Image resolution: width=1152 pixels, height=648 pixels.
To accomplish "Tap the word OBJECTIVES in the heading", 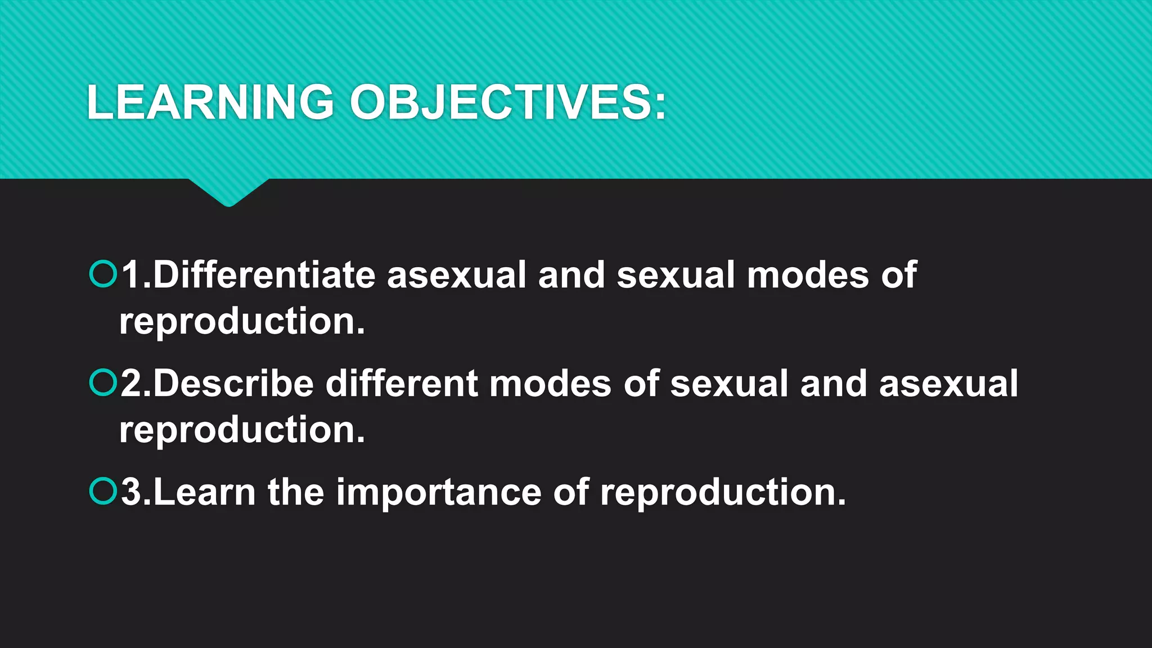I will coord(508,102).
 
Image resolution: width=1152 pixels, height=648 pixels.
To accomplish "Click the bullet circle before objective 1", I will coord(103,274).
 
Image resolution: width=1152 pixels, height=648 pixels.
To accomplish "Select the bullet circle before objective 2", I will coord(103,382).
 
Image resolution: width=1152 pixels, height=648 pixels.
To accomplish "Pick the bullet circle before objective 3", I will coord(103,491).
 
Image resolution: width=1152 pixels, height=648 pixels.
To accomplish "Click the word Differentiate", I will coord(264,275).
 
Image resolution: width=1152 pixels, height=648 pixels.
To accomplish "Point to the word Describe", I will coord(233,384).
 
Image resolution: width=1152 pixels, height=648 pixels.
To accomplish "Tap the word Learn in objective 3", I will coord(204,492).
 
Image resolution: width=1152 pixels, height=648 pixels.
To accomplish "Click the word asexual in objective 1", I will coord(456,275).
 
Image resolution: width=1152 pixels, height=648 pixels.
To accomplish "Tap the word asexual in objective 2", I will coord(948,384).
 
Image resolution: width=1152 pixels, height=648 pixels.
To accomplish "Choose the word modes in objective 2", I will coord(550,384).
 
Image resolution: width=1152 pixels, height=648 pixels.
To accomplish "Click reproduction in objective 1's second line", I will coord(242,322).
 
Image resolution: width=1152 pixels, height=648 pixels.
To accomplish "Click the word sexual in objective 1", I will coord(676,275).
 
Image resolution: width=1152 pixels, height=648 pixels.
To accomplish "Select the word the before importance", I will coord(296,492).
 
